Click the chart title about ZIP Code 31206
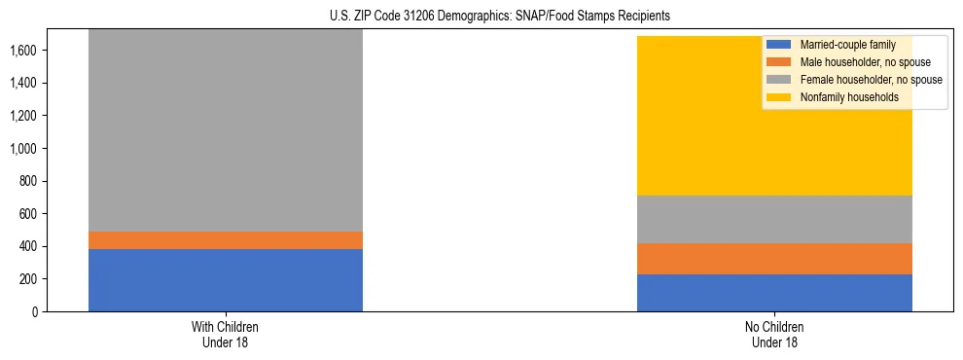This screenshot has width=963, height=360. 481,17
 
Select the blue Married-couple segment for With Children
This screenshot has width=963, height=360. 226,280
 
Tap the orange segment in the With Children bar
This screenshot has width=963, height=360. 226,240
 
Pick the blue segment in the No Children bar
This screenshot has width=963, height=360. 774,293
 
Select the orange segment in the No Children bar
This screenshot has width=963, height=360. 774,259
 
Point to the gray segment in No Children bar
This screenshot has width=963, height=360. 774,219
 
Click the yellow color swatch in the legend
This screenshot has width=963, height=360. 779,97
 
